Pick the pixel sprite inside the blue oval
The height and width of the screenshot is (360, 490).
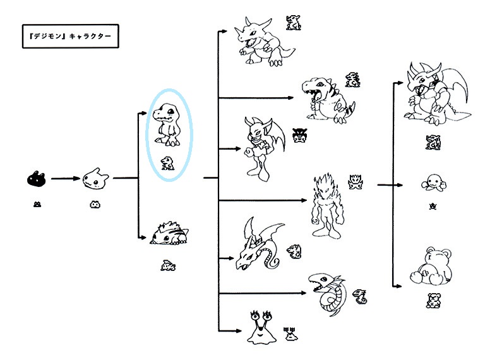[167, 162]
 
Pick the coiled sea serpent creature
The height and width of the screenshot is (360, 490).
[329, 292]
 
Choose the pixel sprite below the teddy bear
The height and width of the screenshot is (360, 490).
[433, 300]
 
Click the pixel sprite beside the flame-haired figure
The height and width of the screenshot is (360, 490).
[355, 183]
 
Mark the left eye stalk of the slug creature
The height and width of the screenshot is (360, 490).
[253, 314]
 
